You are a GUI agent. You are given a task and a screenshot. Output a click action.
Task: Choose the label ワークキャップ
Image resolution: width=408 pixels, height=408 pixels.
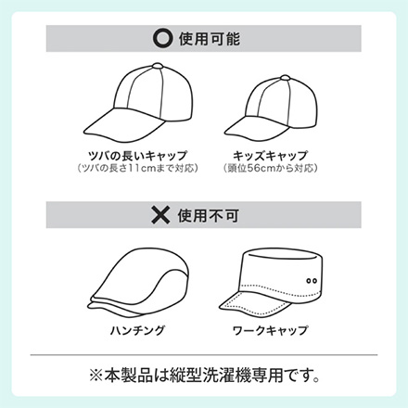pyautogui.click(x=277, y=329)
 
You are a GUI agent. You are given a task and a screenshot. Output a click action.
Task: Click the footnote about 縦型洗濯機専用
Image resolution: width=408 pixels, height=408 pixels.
pyautogui.click(x=204, y=376)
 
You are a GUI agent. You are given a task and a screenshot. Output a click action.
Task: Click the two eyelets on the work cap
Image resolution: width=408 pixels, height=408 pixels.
pyautogui.click(x=310, y=279)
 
